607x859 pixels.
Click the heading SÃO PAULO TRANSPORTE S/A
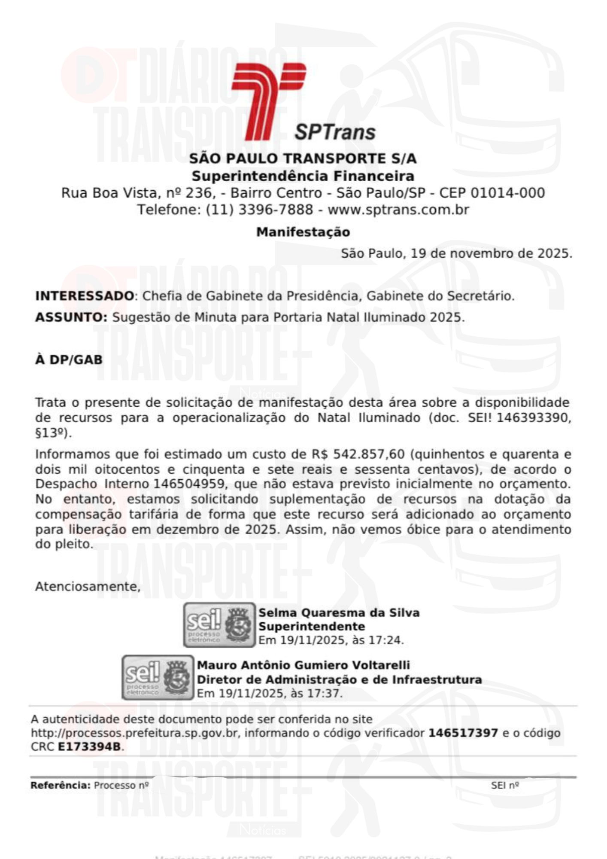(x=303, y=158)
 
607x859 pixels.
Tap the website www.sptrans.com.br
(x=398, y=210)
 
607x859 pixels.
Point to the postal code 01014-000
(x=507, y=192)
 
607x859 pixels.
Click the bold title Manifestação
(x=303, y=232)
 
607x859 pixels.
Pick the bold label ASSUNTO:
(x=71, y=317)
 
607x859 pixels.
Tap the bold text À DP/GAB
(x=69, y=359)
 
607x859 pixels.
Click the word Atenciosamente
(x=88, y=586)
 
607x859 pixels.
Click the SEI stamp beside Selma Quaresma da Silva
(x=219, y=625)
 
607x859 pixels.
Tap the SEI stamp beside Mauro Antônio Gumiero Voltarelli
(x=158, y=677)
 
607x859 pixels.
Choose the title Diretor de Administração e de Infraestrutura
(x=339, y=679)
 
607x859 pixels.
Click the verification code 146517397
(x=463, y=733)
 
